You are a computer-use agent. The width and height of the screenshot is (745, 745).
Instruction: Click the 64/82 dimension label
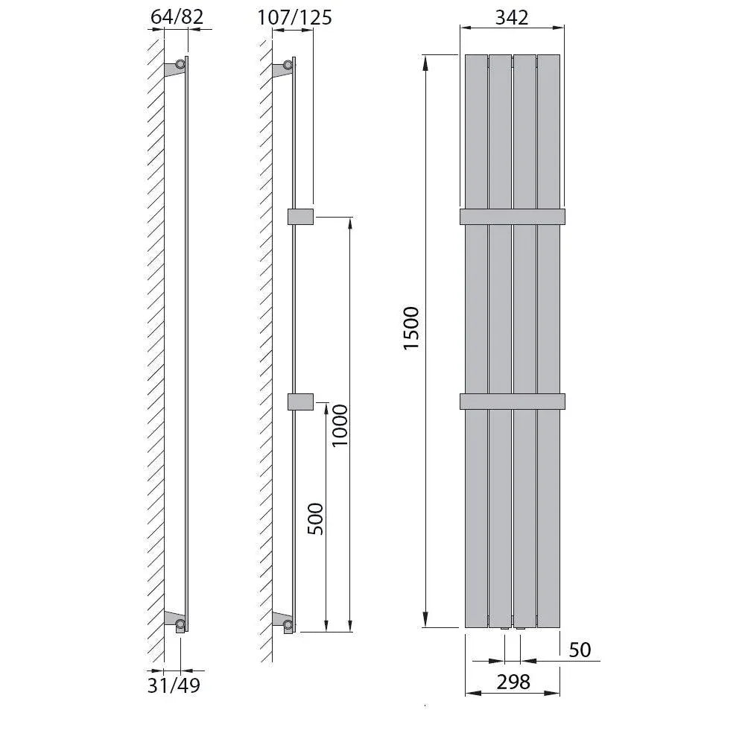click(x=177, y=17)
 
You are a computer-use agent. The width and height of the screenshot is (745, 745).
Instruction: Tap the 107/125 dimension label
click(x=294, y=18)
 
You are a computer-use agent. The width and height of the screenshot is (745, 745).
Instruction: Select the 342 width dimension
click(x=512, y=18)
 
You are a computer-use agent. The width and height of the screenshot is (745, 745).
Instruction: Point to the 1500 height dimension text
click(x=411, y=329)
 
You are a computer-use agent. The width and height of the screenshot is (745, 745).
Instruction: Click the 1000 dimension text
click(x=340, y=425)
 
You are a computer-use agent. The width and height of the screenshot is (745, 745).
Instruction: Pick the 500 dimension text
click(x=315, y=519)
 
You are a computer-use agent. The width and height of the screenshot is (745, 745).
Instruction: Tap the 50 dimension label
click(x=580, y=650)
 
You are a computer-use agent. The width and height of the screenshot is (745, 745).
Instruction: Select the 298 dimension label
click(x=513, y=682)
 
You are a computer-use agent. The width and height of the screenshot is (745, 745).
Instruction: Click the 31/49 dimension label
click(x=174, y=685)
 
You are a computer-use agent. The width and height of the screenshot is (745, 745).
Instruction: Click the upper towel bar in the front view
click(x=513, y=217)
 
